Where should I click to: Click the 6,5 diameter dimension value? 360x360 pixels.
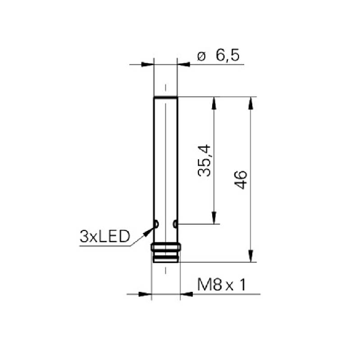[x=227, y=55]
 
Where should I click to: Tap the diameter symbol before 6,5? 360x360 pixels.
[x=202, y=56]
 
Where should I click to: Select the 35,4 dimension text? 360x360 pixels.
[x=204, y=160]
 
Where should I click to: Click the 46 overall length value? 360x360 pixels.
[x=240, y=180]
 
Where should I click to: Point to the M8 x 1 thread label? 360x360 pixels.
[x=222, y=285]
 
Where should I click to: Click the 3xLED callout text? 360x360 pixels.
[x=105, y=236]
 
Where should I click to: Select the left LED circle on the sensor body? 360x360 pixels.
[x=157, y=224]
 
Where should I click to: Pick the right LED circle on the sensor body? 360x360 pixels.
[x=175, y=224]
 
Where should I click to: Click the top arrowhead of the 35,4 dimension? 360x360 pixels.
[x=213, y=103]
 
